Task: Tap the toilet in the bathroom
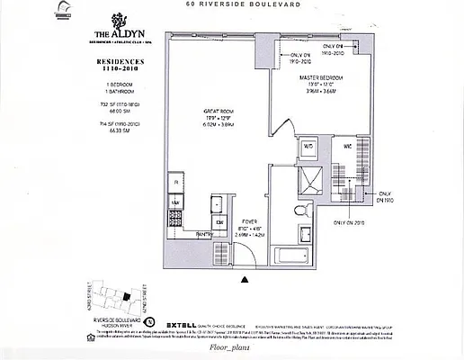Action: tap(304, 209)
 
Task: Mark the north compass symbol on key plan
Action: tap(148, 320)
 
